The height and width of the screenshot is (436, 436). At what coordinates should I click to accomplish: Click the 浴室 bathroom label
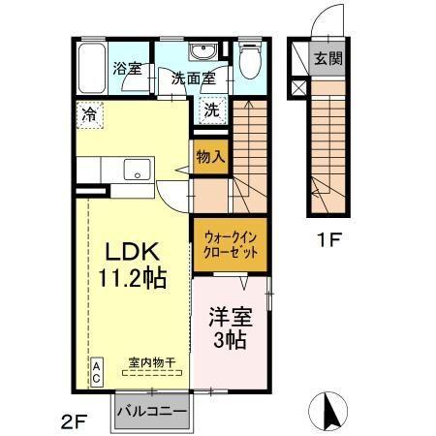click(x=127, y=69)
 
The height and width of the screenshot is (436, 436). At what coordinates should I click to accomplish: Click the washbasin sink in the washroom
click(x=203, y=53)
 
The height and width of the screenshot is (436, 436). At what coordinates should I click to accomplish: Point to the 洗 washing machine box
click(x=211, y=109)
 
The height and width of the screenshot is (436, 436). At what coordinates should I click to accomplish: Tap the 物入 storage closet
click(x=210, y=156)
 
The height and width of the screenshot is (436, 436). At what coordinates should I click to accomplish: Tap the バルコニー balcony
click(x=152, y=412)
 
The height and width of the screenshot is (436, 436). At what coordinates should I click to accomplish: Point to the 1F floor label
click(x=325, y=237)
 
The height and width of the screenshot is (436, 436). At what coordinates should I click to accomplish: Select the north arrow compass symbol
click(x=329, y=411)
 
